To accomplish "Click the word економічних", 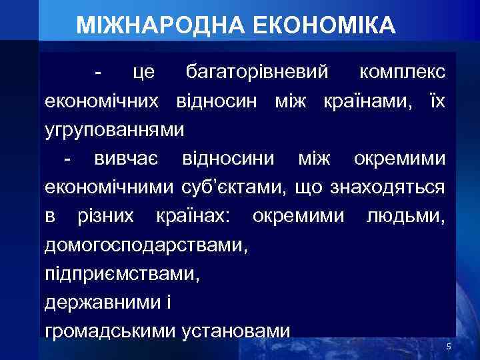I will (102, 101).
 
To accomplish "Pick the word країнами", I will (363, 101).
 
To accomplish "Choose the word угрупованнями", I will (115, 129).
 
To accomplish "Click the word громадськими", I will (110, 331).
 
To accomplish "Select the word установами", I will (236, 331).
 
